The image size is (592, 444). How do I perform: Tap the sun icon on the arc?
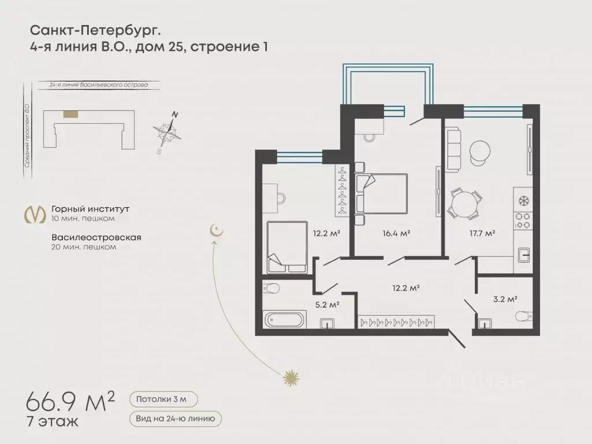pos(290,379)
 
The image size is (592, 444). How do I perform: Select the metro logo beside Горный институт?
pos(34,213)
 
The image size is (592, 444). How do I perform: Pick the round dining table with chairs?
pos(465,204)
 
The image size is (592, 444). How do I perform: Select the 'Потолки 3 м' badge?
pos(164,399)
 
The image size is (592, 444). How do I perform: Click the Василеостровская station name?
pos(96,237)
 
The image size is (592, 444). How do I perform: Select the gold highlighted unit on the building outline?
pos(72,114)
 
